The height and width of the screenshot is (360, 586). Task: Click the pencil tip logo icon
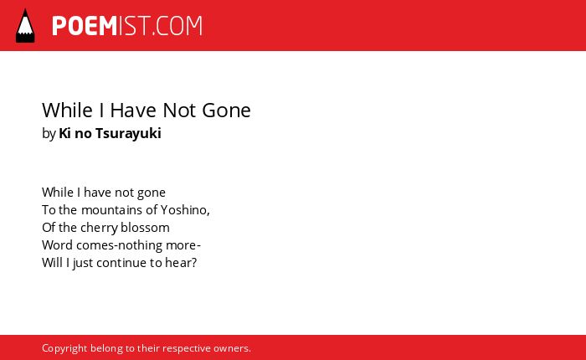coord(25,25)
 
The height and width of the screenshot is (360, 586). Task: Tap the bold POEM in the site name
coord(85,26)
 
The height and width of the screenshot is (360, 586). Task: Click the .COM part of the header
coord(177,26)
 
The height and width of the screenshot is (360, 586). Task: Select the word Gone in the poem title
coord(226,111)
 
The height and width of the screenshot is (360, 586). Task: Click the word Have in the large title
coord(133,111)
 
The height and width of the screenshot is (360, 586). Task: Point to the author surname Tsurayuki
coord(128,133)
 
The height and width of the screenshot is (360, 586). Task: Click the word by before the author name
coord(49,134)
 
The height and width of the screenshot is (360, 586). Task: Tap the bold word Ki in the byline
coord(64,133)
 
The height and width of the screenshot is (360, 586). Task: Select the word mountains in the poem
coord(112,210)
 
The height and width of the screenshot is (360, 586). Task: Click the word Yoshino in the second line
coord(183,210)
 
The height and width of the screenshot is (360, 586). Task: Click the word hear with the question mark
coord(181,263)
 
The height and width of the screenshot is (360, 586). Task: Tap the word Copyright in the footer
coord(64,348)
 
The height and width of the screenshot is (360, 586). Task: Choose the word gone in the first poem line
coord(152,193)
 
